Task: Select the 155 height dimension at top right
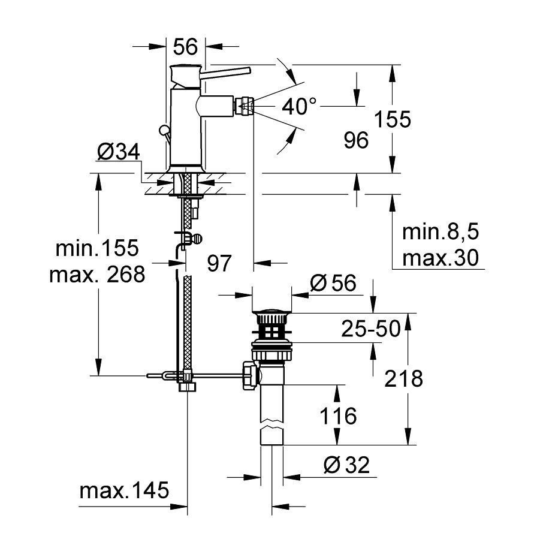(393, 119)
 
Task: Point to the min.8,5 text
(441, 232)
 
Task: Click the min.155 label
(97, 247)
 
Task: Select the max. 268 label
(97, 274)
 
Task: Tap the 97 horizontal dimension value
(219, 263)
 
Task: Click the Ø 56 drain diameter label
(335, 282)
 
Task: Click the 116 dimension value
(337, 415)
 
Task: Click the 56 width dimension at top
(185, 46)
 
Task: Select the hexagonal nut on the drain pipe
(249, 375)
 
